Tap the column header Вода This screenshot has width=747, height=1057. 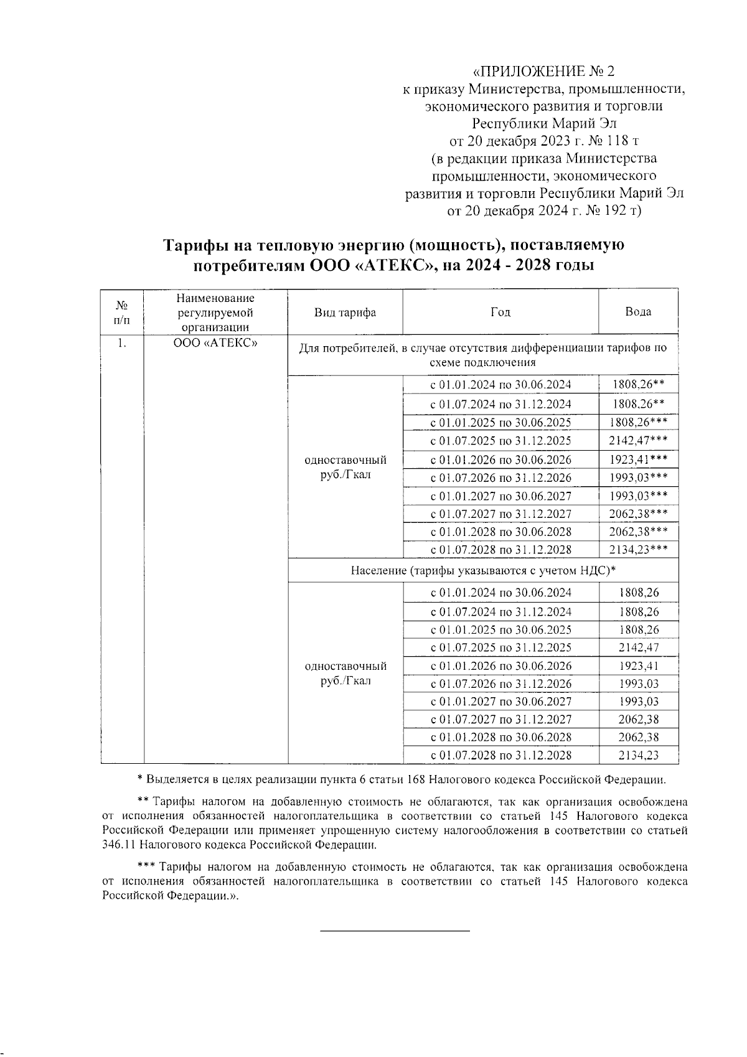(x=638, y=311)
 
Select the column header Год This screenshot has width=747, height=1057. (x=500, y=312)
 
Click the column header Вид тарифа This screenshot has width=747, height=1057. (x=345, y=312)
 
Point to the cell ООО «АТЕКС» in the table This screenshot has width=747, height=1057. (x=215, y=343)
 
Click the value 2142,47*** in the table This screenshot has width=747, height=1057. (x=638, y=441)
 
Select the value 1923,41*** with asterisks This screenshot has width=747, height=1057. (x=638, y=459)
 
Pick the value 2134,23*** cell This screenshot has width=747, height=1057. (x=638, y=549)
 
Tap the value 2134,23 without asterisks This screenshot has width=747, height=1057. (x=638, y=755)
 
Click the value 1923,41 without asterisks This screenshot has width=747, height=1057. (x=638, y=665)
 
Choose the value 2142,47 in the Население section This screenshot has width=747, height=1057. (x=638, y=647)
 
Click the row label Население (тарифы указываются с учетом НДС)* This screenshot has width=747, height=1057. (x=482, y=570)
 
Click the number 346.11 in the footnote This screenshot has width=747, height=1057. (x=119, y=845)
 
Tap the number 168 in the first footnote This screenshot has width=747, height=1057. (x=415, y=779)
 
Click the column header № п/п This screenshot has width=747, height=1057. (x=122, y=312)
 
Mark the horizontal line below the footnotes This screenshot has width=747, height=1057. (x=395, y=931)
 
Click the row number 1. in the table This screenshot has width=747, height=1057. (x=122, y=343)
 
